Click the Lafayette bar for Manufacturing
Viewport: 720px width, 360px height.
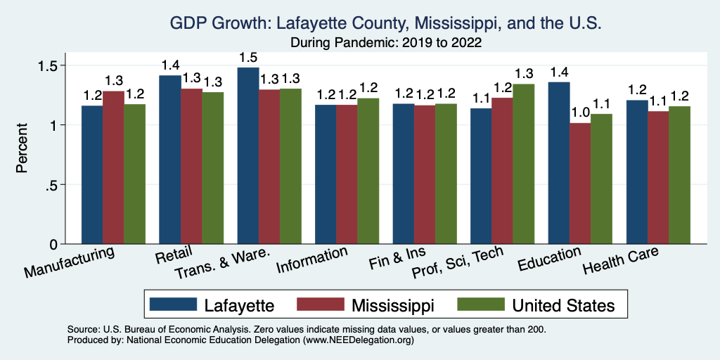point(92,175)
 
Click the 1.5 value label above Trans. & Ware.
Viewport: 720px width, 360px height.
point(247,57)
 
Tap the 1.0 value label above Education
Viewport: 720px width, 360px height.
point(580,112)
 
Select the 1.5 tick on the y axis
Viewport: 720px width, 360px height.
point(54,65)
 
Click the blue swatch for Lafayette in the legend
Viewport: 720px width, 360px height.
point(172,304)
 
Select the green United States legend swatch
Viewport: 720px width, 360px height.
point(481,304)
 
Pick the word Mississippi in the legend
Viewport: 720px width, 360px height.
point(394,305)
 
